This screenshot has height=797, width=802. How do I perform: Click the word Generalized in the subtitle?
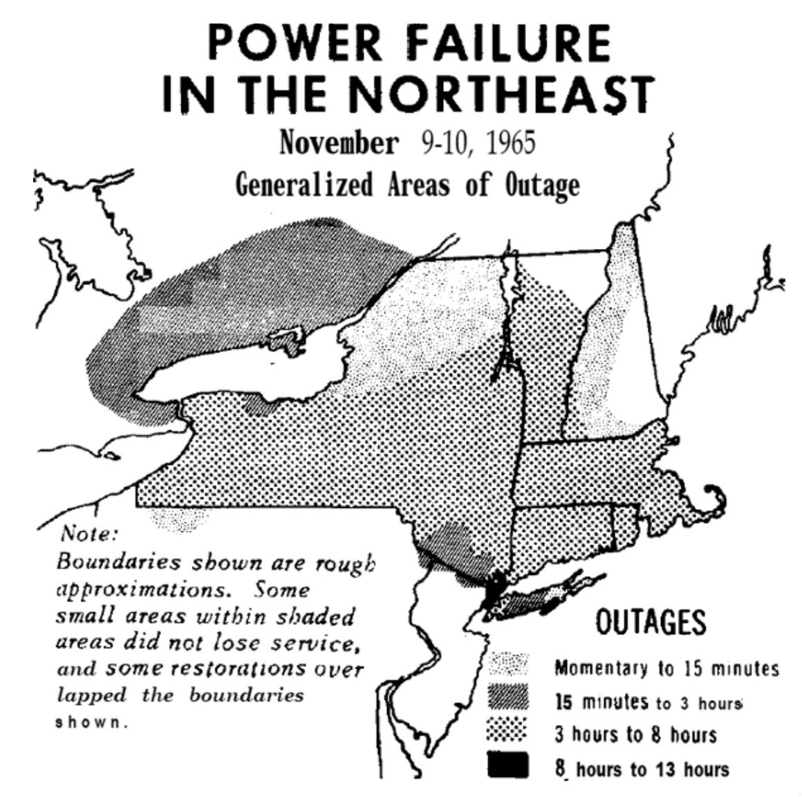point(306,185)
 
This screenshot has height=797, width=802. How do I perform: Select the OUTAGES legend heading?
point(651,623)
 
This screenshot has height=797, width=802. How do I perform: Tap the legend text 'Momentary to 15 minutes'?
point(666,668)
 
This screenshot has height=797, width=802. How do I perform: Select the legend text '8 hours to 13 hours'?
point(642,768)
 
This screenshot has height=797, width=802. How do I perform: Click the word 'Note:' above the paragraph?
point(86,534)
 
